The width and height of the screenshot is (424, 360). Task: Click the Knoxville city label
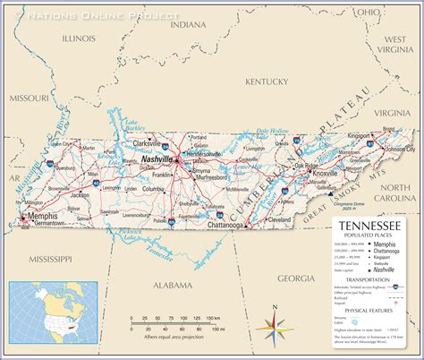click(350, 174)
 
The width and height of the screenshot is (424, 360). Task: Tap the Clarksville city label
click(147, 142)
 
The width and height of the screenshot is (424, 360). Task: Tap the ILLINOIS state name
click(79, 39)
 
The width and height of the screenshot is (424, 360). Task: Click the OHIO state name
click(368, 13)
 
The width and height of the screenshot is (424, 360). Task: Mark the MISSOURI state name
click(28, 97)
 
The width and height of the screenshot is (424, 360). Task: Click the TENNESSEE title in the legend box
click(373, 227)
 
